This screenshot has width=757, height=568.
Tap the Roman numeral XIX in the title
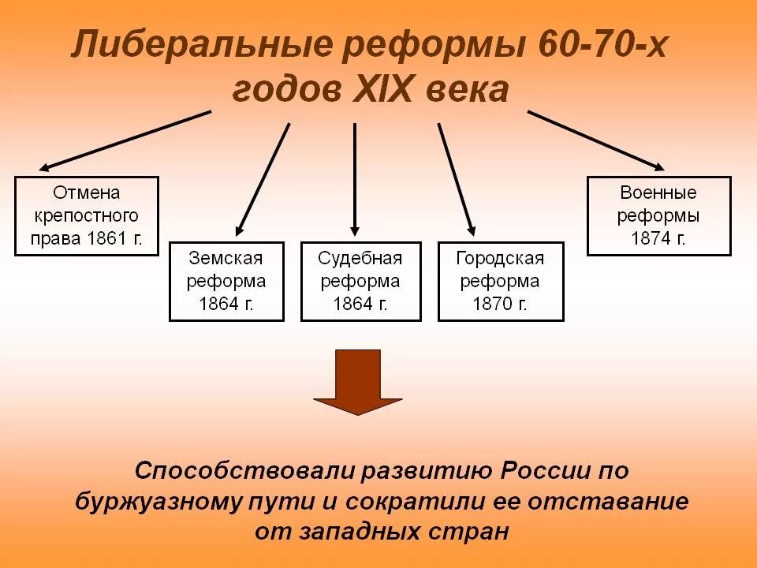click(x=379, y=90)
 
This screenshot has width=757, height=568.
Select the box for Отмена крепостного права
click(x=87, y=215)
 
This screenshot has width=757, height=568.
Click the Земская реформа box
click(x=226, y=281)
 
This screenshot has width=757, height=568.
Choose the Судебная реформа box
click(x=360, y=281)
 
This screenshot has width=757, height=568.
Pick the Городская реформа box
click(x=501, y=281)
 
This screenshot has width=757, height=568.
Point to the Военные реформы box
click(x=658, y=215)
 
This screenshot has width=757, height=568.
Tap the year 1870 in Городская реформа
click(x=493, y=304)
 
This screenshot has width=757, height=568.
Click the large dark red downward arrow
click(x=358, y=382)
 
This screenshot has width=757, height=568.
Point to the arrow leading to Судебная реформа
click(x=355, y=179)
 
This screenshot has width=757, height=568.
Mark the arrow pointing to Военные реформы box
click(x=596, y=140)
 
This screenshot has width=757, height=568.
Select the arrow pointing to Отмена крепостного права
click(x=125, y=140)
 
